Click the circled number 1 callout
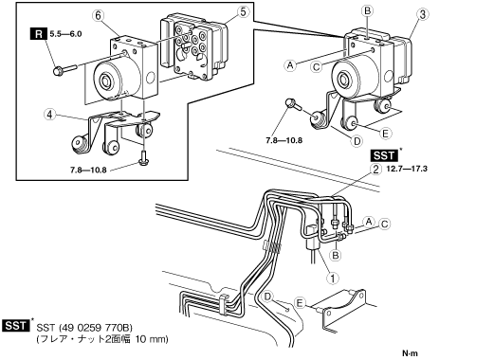pos(332,279)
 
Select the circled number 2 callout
pos(375,170)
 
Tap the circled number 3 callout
pos(423,14)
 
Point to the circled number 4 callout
pos(50,115)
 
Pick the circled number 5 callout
pos(243,12)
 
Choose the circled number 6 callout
pos(99,16)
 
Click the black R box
pos(39,34)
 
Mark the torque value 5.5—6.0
pos(65,34)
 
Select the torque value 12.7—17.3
pos(407,169)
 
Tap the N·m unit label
pos(410,353)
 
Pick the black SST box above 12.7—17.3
pos(384,155)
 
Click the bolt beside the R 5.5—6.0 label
pos(64,70)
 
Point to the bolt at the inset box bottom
pos(143,158)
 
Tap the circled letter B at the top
pos(367,11)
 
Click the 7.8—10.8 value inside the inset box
pos(88,171)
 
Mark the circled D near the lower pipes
pos(267,297)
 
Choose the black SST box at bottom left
pos(16,326)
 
